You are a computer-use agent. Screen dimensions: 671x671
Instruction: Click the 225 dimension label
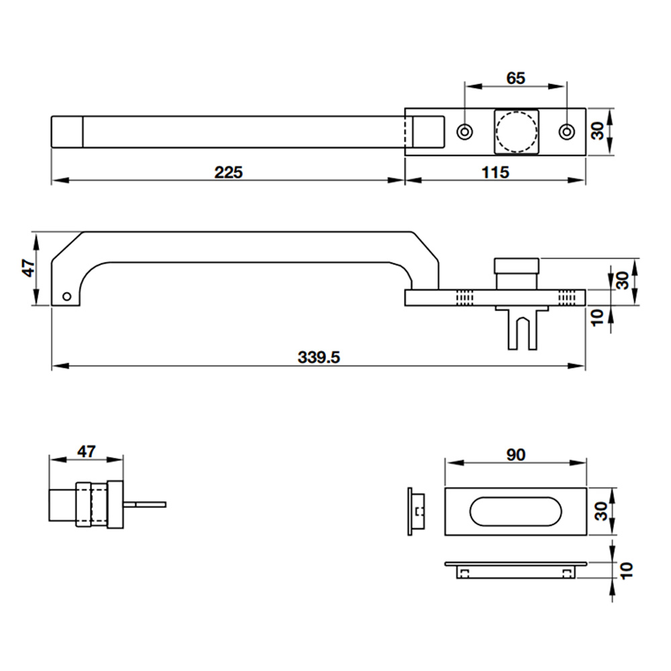coord(229,172)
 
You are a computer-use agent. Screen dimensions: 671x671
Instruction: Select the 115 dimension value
coord(495,172)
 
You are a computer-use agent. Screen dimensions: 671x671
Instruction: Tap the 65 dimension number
coord(515,79)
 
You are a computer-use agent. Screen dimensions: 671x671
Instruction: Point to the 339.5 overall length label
coord(319,358)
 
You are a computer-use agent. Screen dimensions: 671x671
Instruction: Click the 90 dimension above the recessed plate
coord(515,455)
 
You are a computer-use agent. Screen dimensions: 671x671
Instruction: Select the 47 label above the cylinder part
coord(87,452)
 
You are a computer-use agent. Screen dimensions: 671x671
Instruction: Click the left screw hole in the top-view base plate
coord(465,132)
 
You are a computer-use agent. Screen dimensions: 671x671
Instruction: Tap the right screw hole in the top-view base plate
coord(567,132)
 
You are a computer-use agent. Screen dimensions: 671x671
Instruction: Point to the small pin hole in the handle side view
coord(66,296)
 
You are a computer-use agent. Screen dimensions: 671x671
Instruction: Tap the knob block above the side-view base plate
coord(517,274)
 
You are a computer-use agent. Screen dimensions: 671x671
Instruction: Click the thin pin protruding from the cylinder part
coord(145,505)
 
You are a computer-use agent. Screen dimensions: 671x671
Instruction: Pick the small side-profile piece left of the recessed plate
coord(416,511)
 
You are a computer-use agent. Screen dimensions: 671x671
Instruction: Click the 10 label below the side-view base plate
coord(597,317)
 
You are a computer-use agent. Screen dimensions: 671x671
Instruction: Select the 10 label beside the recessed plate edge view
coord(626,571)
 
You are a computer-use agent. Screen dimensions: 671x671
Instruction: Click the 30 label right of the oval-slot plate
coord(601,511)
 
